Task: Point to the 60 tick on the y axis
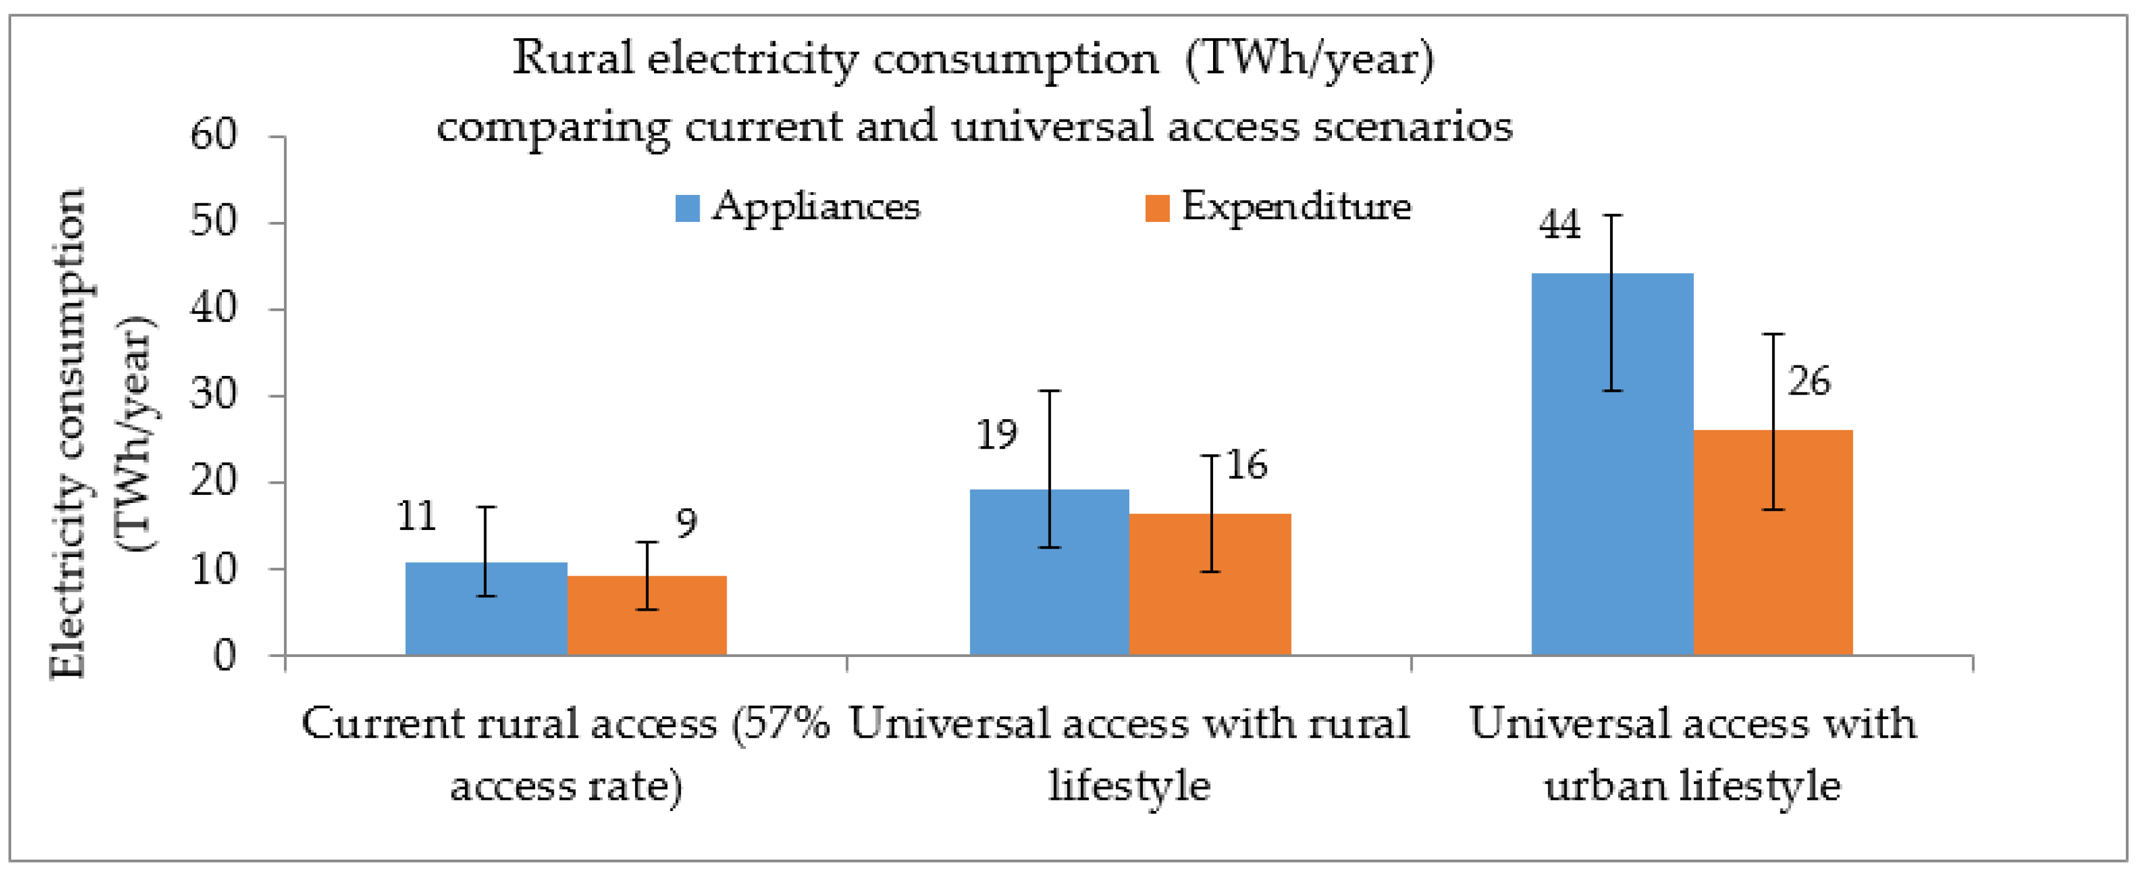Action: [x=214, y=135]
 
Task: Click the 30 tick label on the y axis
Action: [x=214, y=395]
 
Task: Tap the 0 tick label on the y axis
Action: [x=224, y=656]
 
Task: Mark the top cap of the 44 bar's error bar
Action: [x=1612, y=215]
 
